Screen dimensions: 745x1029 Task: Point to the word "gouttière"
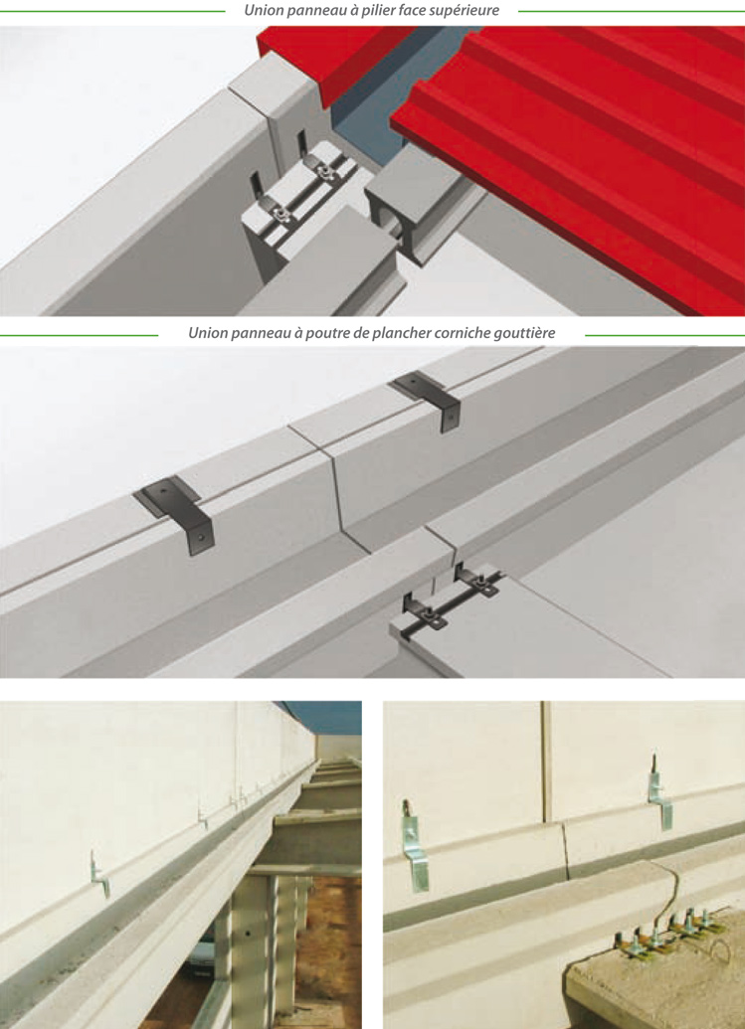[x=526, y=333]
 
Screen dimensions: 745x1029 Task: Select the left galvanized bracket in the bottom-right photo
[x=414, y=846]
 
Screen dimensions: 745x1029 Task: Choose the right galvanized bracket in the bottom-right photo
[x=659, y=792]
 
